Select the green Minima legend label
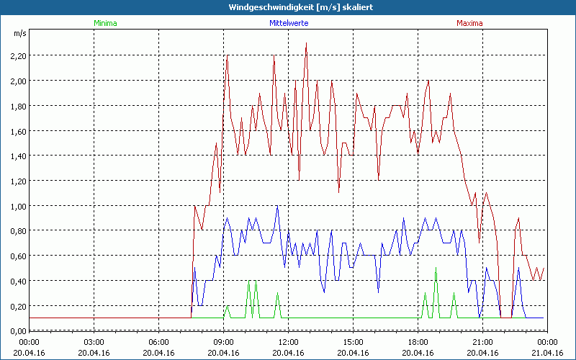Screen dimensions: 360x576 pyautogui.click(x=105, y=23)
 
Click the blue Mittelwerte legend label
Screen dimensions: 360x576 pyautogui.click(x=289, y=23)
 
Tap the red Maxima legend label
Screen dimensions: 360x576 pyautogui.click(x=469, y=23)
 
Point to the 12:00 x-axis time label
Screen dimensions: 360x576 pyautogui.click(x=288, y=342)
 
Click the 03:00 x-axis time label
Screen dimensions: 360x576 pyautogui.click(x=94, y=342)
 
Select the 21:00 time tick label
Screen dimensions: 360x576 pyautogui.click(x=482, y=342)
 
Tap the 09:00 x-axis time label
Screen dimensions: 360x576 pyautogui.click(x=223, y=342)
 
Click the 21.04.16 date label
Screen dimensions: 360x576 pyautogui.click(x=547, y=352)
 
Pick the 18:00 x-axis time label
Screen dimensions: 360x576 pyautogui.click(x=418, y=342)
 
